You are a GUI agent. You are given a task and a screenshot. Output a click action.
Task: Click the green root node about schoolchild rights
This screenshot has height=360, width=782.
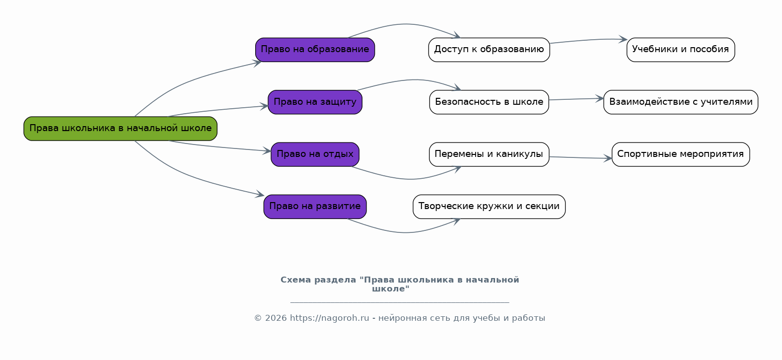point(121,129)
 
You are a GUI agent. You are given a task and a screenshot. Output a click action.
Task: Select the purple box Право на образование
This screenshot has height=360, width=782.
point(315,50)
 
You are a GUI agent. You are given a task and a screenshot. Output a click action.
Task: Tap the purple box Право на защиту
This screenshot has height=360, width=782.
point(315,102)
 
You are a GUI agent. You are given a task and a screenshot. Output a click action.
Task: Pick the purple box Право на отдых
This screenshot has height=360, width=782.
point(315,154)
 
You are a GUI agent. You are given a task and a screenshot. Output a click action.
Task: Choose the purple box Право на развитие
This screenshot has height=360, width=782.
point(315,207)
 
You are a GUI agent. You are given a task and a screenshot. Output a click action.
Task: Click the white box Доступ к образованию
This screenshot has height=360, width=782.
point(489,50)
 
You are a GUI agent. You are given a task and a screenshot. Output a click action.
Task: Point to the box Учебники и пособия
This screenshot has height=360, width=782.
point(681,50)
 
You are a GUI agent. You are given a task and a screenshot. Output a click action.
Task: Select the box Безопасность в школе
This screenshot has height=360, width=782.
point(489,102)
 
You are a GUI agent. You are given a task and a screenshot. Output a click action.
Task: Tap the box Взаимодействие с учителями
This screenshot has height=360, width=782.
point(681,102)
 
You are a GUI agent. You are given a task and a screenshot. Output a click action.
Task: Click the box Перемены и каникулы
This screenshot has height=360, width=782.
point(489,154)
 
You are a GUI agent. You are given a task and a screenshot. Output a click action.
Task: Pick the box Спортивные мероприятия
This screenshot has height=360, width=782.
point(681,154)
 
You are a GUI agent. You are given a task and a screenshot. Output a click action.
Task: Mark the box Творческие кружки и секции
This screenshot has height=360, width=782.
point(489,207)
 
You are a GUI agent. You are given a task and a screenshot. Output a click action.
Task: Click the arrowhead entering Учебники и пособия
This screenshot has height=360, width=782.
point(623,39)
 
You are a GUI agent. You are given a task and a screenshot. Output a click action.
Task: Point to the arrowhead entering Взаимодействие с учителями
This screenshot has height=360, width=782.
point(600,98)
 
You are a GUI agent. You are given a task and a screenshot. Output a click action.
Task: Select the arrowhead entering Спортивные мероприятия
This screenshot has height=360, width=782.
point(608,158)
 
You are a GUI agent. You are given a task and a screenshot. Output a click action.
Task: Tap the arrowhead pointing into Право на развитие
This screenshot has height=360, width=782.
point(260,195)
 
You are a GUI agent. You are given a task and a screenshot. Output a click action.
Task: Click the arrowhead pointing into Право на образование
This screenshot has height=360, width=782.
point(257,63)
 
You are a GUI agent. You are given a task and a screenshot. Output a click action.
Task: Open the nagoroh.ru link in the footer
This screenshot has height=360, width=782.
point(329,318)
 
